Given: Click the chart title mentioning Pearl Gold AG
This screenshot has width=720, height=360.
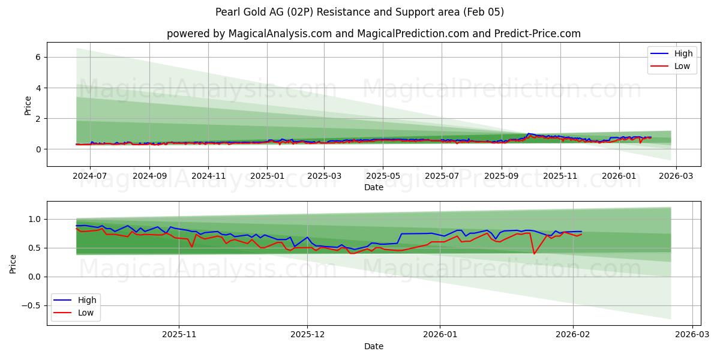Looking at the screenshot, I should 359,12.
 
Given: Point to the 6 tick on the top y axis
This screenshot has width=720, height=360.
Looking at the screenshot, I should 37,57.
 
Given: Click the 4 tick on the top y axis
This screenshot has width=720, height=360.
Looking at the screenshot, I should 37,88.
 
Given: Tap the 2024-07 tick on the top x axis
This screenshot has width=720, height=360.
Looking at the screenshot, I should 90,176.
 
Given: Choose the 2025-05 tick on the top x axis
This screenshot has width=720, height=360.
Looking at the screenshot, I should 383,176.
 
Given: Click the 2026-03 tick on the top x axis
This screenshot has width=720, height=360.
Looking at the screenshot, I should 676,176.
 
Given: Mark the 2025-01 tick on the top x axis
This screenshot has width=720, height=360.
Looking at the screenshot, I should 267,176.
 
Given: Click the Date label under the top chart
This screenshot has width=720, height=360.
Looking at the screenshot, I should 373,187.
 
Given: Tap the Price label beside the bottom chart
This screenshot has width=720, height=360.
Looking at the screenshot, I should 13,263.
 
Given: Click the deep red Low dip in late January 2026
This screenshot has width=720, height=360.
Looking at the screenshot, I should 534,253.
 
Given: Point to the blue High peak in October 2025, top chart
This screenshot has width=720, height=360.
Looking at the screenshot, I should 528,134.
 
